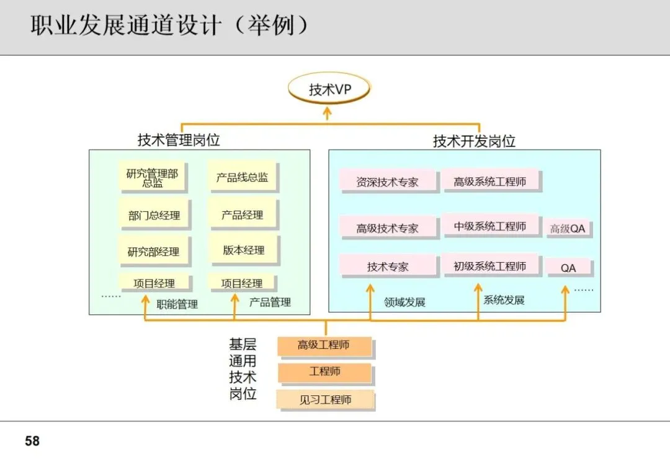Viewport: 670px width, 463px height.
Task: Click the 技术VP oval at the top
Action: tap(329, 89)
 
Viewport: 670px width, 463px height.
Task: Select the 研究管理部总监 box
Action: tap(153, 178)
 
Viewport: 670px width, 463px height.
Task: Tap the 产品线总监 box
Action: tap(242, 178)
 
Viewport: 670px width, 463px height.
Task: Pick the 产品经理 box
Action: tap(243, 215)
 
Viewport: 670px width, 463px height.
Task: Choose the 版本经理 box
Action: tap(243, 250)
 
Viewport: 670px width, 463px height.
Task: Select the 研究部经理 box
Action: tap(153, 252)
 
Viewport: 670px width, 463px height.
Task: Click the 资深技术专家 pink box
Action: tap(388, 182)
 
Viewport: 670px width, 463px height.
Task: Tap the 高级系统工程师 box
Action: tap(490, 182)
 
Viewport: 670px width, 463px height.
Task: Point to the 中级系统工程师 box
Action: tap(490, 226)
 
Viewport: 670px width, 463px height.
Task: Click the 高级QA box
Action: tap(568, 229)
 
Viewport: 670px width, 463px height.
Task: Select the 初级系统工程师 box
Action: tap(490, 266)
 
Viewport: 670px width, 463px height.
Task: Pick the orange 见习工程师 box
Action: tap(325, 400)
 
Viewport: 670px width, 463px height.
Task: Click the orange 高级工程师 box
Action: tap(324, 345)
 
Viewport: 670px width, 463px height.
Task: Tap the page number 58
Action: tap(32, 441)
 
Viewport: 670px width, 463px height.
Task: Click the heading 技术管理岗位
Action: tap(179, 140)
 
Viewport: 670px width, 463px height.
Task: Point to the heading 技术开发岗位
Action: tap(474, 141)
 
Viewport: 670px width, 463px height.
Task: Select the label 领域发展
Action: tap(404, 302)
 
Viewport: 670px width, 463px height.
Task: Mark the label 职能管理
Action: tap(177, 304)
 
